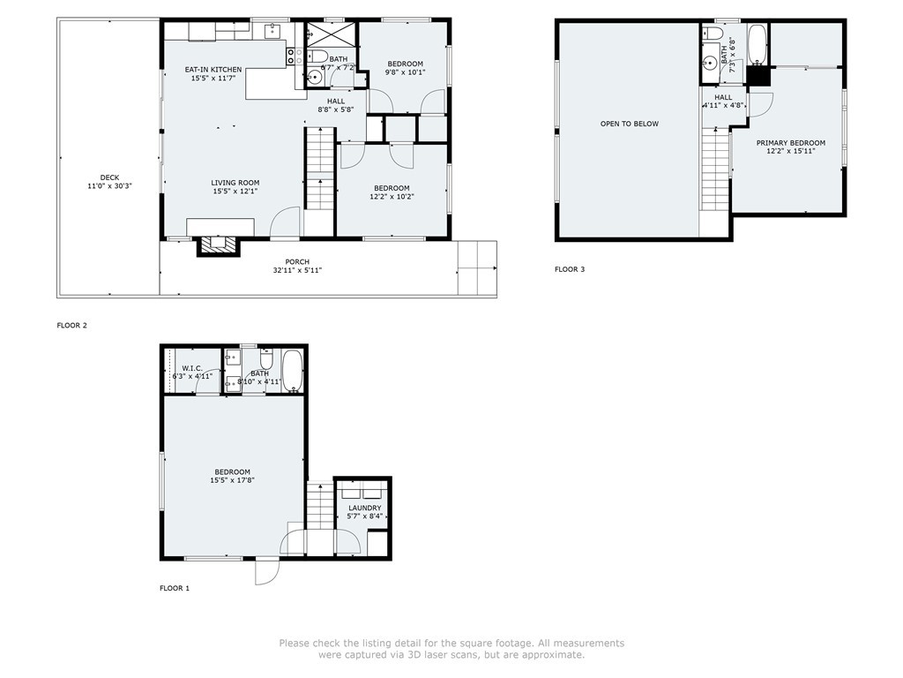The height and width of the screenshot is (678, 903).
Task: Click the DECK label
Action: click(x=109, y=177)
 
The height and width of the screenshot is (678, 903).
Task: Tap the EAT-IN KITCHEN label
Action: click(x=213, y=70)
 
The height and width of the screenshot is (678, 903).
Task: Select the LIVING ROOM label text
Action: click(x=235, y=183)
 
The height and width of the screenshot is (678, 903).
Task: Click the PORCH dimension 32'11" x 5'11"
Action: click(x=297, y=270)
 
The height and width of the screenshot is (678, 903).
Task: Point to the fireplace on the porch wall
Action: click(x=219, y=245)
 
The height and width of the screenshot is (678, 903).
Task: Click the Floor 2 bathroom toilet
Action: click(x=317, y=56)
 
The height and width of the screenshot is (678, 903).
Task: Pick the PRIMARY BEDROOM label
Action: click(x=791, y=143)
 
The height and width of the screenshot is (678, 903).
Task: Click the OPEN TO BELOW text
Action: click(x=630, y=124)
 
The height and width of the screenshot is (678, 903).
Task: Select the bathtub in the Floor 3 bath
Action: click(x=756, y=44)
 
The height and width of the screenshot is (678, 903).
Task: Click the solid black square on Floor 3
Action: click(x=758, y=76)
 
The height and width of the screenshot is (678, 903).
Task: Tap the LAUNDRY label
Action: click(x=364, y=508)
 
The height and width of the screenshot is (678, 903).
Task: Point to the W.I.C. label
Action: click(x=191, y=368)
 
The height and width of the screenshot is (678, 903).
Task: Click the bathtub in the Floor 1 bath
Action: click(x=293, y=371)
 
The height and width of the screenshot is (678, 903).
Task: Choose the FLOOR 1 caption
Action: click(x=175, y=588)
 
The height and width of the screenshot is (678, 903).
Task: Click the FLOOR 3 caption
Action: click(x=570, y=269)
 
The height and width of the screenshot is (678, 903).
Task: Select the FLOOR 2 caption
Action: click(x=72, y=325)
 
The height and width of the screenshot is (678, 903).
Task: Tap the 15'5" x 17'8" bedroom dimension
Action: click(x=233, y=479)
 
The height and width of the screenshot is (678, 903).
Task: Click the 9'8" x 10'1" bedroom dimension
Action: click(x=406, y=72)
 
